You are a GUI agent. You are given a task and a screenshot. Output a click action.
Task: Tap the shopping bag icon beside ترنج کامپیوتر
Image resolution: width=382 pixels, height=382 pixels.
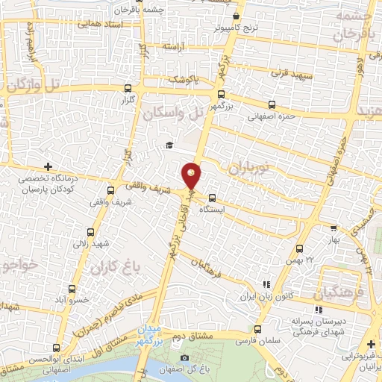237,16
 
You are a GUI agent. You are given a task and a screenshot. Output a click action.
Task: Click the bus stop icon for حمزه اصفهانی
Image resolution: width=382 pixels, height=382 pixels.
270,105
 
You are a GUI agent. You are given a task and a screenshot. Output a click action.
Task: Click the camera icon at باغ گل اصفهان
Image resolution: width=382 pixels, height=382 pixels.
184,358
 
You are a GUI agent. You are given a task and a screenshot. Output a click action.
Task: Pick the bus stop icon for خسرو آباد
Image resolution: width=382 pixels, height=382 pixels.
72,289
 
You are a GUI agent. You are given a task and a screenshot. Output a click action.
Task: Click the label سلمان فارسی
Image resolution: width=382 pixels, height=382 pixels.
251,340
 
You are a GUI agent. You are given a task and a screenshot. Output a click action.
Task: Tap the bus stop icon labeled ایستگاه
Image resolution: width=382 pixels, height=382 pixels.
213,198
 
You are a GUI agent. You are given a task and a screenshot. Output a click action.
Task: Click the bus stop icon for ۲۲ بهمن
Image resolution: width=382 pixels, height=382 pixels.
300,248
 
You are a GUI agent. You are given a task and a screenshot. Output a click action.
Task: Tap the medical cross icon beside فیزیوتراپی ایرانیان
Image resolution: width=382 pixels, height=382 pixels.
372,343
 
